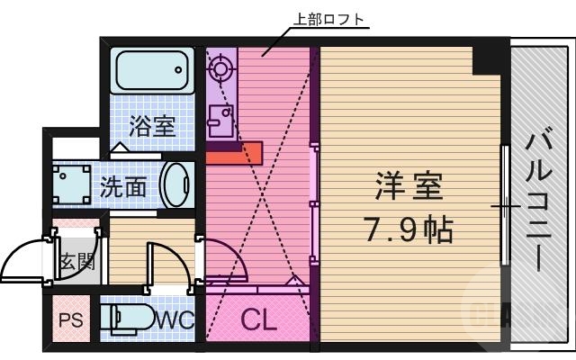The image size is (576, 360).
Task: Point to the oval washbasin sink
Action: click(x=176, y=186)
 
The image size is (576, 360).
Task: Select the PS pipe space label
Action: click(x=71, y=319)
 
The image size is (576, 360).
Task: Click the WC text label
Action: click(x=175, y=319)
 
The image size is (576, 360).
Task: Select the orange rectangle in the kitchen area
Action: click(x=233, y=153)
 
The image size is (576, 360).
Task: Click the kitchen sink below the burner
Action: click(x=220, y=118)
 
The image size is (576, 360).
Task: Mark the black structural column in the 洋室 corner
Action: click(x=490, y=58)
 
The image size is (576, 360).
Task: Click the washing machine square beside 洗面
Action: click(x=71, y=185)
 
